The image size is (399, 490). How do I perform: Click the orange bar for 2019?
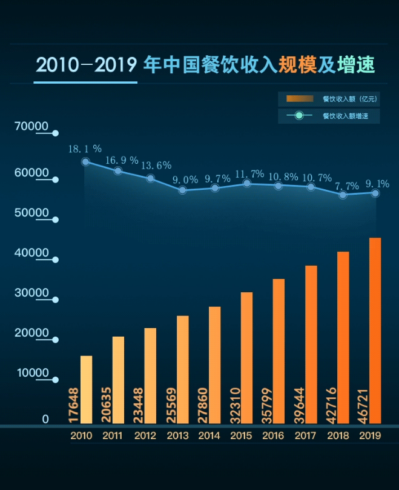tap(375, 331)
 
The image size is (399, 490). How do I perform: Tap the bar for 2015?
tap(246, 358)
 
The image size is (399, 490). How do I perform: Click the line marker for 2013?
tap(182, 190)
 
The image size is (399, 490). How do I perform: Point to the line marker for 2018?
tap(343, 195)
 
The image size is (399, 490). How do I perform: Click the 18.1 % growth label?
tap(85, 149)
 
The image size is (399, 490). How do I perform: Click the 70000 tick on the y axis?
tap(33, 126)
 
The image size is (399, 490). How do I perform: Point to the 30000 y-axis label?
tap(33, 293)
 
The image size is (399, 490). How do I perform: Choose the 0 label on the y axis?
tap(45, 419)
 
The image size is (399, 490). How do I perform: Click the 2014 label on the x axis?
tap(209, 435)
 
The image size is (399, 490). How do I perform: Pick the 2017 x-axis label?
tap(306, 435)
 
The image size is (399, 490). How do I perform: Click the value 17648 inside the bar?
tap(74, 404)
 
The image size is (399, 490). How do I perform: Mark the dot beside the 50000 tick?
tap(56, 220)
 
